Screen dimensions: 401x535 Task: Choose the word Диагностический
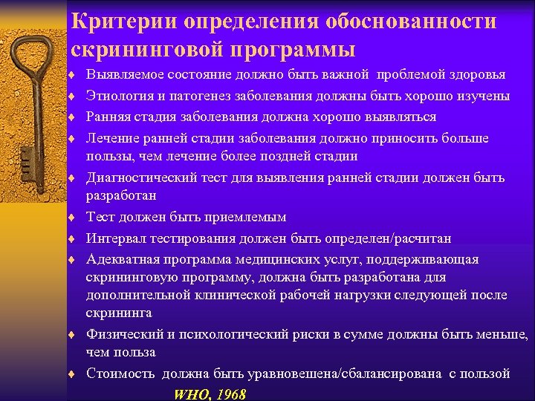click(141, 177)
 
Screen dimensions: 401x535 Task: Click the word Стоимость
click(117, 374)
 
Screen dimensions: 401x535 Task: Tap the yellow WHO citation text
click(191, 394)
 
